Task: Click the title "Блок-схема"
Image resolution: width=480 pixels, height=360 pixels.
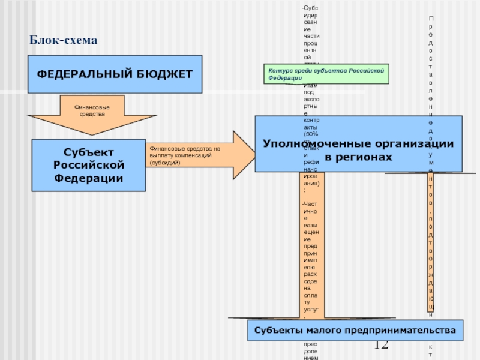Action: point(63,40)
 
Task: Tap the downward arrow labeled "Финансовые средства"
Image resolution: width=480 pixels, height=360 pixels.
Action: point(91,114)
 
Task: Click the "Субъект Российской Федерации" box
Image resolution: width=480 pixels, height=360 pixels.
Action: point(88,164)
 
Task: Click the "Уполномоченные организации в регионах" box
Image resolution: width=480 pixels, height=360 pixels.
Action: point(359,144)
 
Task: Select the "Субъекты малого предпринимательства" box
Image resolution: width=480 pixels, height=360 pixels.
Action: point(355,331)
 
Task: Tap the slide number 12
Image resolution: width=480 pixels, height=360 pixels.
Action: point(381,345)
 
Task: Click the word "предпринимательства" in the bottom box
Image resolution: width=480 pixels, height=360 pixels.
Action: point(405,331)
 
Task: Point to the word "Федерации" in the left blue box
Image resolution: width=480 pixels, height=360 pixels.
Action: point(88,178)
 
